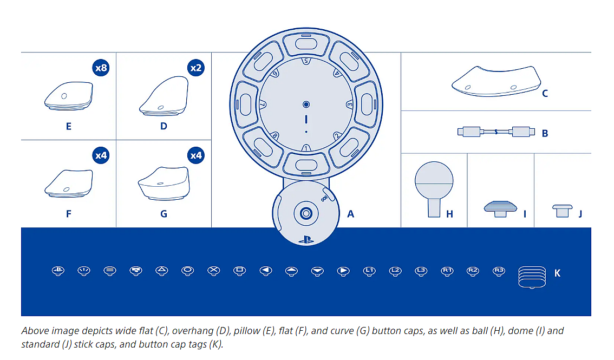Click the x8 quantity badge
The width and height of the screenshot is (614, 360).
(101, 68)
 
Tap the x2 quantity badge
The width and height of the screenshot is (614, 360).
(195, 68)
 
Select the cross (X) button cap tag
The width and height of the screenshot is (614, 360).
(214, 270)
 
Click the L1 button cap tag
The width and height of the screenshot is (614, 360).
(369, 270)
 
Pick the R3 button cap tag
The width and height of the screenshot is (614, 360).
(499, 270)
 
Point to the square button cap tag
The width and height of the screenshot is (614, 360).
(239, 270)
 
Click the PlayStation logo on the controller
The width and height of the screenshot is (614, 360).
(306, 238)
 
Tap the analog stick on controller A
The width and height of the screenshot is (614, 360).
(306, 214)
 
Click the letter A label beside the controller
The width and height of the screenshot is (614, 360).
(350, 214)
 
